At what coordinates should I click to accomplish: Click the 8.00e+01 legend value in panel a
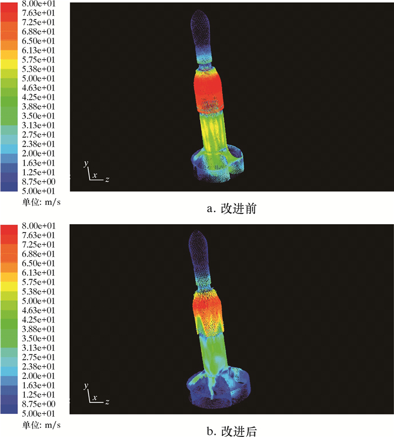point(38,3)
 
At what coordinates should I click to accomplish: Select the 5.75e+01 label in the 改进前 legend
point(38,60)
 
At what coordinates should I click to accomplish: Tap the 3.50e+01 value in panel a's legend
point(38,116)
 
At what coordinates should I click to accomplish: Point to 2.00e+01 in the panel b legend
point(38,376)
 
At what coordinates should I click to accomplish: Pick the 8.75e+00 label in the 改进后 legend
point(38,404)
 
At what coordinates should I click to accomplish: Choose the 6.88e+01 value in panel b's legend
point(38,254)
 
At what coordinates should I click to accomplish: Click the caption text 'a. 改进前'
point(231,208)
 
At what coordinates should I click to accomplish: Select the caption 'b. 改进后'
point(231,431)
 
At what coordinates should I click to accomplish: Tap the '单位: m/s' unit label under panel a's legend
point(41,202)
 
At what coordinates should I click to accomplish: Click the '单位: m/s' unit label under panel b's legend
point(41,425)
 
